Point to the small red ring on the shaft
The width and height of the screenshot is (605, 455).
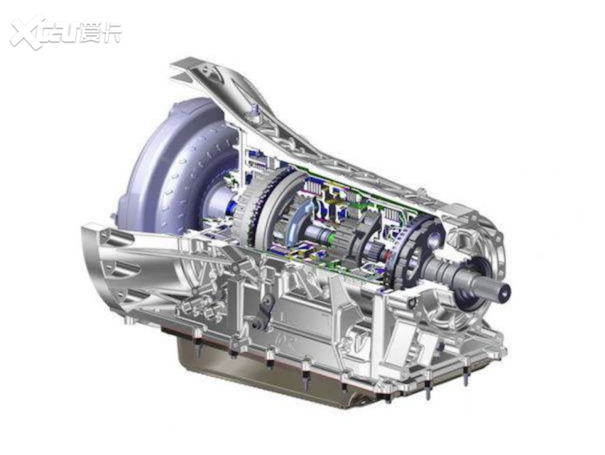385,255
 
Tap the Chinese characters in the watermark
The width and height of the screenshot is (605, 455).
102,33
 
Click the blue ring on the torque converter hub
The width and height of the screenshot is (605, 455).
231,207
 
